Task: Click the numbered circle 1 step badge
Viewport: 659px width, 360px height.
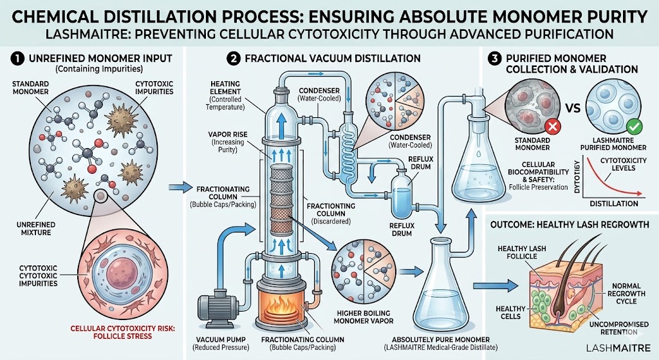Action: point(10,58)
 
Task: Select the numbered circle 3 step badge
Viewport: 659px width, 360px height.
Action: point(494,58)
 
